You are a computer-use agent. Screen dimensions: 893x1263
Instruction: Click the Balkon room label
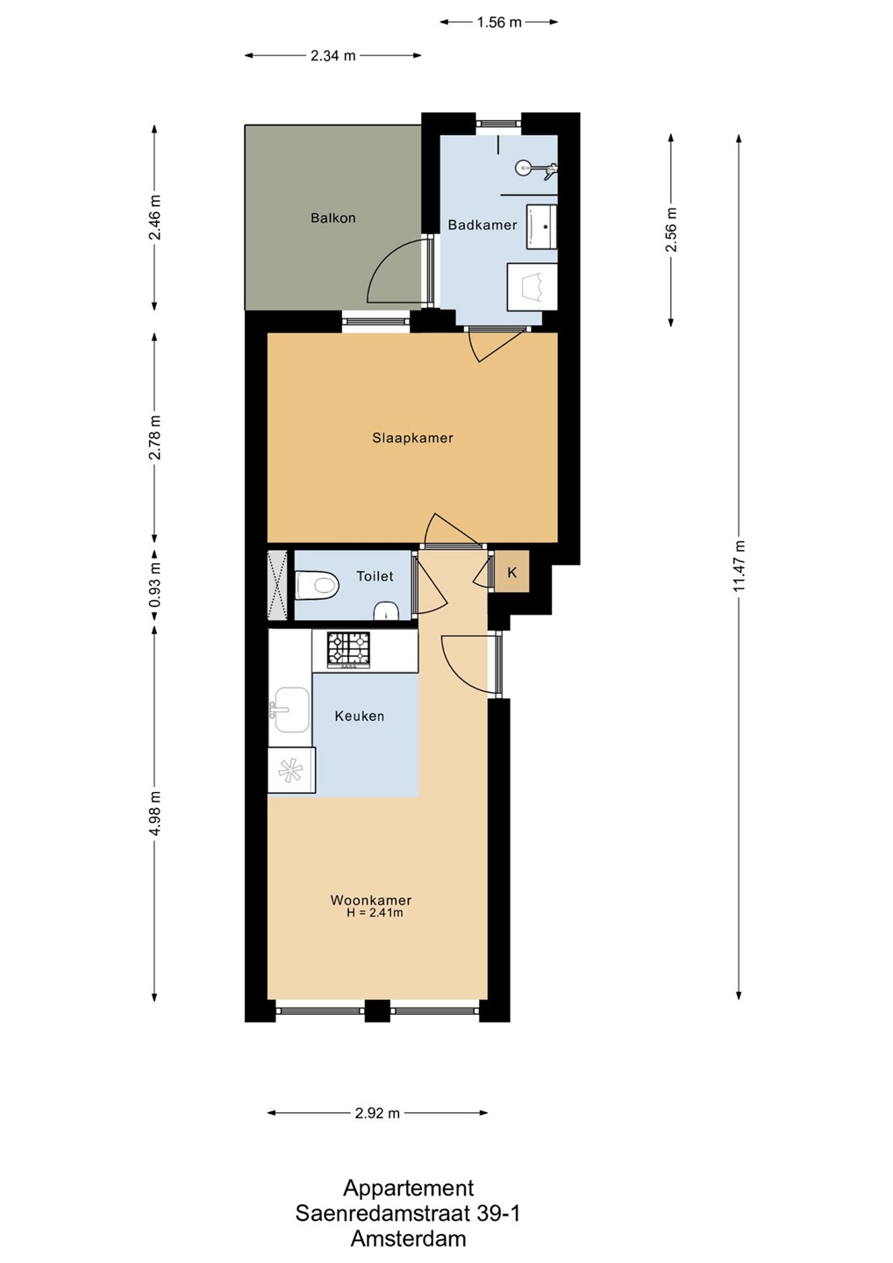coord(332,218)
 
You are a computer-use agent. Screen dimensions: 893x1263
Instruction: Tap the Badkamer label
coord(482,225)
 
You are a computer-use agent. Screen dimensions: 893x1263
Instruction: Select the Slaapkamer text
coord(412,439)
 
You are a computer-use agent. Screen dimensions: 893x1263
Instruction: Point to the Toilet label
coord(375,576)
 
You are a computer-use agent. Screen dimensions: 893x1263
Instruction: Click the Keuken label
coord(359,716)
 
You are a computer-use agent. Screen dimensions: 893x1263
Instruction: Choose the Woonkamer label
coord(371,901)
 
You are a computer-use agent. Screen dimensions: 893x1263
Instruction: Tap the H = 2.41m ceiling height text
coord(375,913)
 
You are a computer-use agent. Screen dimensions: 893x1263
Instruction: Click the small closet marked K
coord(512,572)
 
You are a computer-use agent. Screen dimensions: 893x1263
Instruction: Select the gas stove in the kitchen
coord(349,651)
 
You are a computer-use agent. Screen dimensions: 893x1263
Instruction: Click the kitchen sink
coord(290,710)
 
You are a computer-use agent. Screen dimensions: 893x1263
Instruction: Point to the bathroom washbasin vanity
coord(541,226)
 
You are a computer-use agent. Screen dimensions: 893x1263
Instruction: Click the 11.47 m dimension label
coord(739,566)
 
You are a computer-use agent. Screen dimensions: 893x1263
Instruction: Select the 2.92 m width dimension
coord(377,1113)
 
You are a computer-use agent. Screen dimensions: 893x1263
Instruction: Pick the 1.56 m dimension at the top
coord(499,23)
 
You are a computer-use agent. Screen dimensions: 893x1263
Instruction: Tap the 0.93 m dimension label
coord(155,585)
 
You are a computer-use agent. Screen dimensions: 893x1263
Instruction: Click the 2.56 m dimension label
coord(671,230)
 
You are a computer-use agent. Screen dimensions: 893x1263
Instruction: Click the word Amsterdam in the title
coord(408,1238)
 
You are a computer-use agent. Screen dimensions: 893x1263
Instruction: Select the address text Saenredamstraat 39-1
coord(408,1213)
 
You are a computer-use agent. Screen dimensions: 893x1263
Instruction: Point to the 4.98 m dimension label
coord(155,813)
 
